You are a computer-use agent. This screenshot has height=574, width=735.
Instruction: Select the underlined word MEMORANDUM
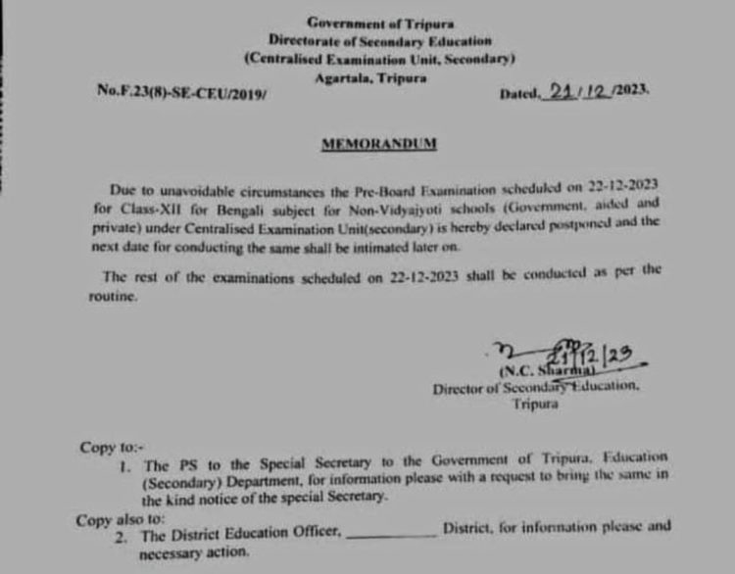click(x=378, y=144)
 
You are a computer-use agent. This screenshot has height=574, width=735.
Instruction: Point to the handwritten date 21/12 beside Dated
click(x=577, y=90)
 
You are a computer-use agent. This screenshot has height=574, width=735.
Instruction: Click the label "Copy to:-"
click(x=106, y=448)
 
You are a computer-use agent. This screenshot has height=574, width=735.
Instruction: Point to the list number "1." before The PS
click(x=124, y=466)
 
